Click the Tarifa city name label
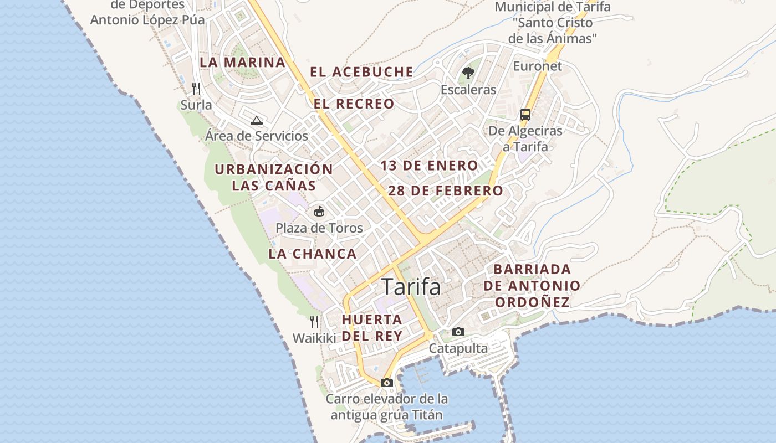tap(411, 287)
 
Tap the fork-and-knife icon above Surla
tap(196, 88)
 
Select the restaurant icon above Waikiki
tap(314, 321)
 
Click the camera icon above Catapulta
tap(458, 332)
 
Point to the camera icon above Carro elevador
tap(387, 383)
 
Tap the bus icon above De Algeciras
tap(525, 115)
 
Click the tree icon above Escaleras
tap(468, 73)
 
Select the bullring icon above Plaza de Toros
tap(319, 211)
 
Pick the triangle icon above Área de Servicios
tap(256, 120)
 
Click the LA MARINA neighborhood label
tap(243, 62)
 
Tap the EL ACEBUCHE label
tap(361, 72)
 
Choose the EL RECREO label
tap(354, 104)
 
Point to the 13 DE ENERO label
tap(429, 166)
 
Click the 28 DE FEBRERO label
tap(446, 191)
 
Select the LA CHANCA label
tap(313, 254)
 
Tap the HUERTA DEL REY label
tap(372, 327)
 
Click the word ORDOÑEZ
tap(532, 302)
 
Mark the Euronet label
tap(537, 66)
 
